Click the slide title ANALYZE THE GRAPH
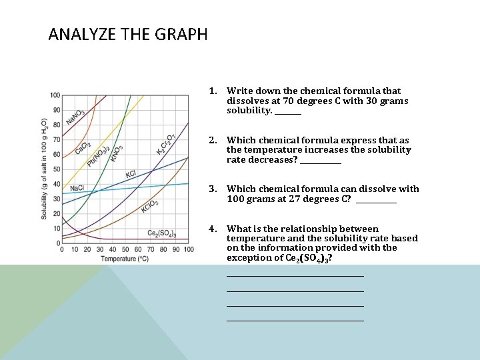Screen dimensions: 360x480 point(128,34)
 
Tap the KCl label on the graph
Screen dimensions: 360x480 point(131,175)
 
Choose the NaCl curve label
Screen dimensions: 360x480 point(77,188)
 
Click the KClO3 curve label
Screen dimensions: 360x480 point(149,207)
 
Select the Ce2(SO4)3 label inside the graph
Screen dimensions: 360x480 point(161,233)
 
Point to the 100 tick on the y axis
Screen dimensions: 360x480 point(55,95)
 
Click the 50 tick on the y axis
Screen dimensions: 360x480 point(57,169)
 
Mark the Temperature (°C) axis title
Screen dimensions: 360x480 point(125,259)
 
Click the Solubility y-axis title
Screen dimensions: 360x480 point(44,169)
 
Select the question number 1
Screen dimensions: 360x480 point(212,91)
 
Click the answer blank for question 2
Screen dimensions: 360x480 point(321,161)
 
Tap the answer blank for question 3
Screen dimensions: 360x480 point(376,199)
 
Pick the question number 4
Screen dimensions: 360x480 point(212,229)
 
